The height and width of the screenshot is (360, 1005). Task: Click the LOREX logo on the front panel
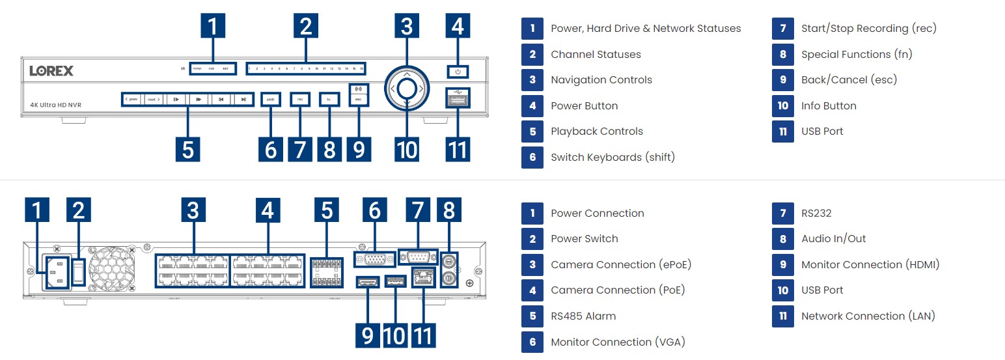tap(51, 70)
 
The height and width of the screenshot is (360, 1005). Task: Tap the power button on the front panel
tap(458, 72)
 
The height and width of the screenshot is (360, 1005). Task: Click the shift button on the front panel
tap(269, 100)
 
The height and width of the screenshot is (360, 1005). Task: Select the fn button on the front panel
tap(329, 100)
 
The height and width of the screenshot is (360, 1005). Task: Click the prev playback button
tap(131, 100)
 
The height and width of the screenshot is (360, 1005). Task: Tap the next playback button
tap(154, 100)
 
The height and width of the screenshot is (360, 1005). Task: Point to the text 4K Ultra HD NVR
tap(55, 105)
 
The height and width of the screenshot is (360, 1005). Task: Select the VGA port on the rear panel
tap(374, 258)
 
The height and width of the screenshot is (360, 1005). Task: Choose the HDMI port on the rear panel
tap(367, 282)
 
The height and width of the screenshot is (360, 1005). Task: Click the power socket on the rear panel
tap(57, 272)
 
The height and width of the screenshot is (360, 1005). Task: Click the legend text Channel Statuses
tap(596, 55)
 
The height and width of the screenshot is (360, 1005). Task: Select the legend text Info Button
tap(829, 106)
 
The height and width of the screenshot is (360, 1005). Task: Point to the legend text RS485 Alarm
tap(583, 316)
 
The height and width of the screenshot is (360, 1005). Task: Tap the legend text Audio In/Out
tap(833, 239)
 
